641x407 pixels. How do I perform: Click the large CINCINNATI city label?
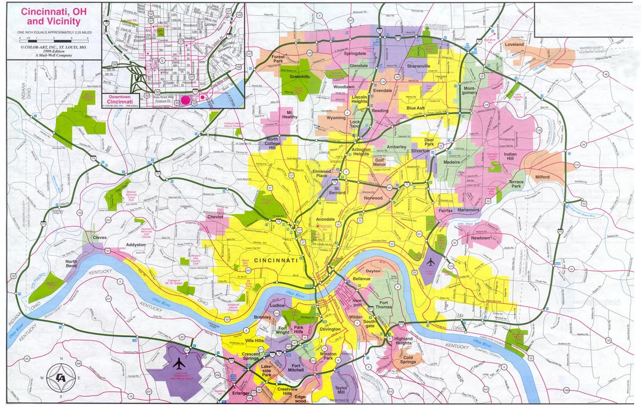[276, 260]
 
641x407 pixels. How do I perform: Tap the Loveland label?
[514, 45]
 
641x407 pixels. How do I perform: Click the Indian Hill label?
[510, 156]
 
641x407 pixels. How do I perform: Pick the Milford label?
[542, 177]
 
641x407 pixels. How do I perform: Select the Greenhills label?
[300, 77]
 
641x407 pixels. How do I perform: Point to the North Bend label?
[71, 263]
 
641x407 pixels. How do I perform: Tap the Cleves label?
[100, 237]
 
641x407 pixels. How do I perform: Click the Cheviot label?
[215, 217]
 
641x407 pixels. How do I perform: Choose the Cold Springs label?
[408, 360]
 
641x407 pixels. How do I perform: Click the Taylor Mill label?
[341, 391]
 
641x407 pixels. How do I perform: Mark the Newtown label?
[480, 238]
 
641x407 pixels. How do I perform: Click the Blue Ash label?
[415, 108]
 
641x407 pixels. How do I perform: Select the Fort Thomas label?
[384, 305]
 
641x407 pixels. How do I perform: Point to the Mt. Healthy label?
[290, 115]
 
